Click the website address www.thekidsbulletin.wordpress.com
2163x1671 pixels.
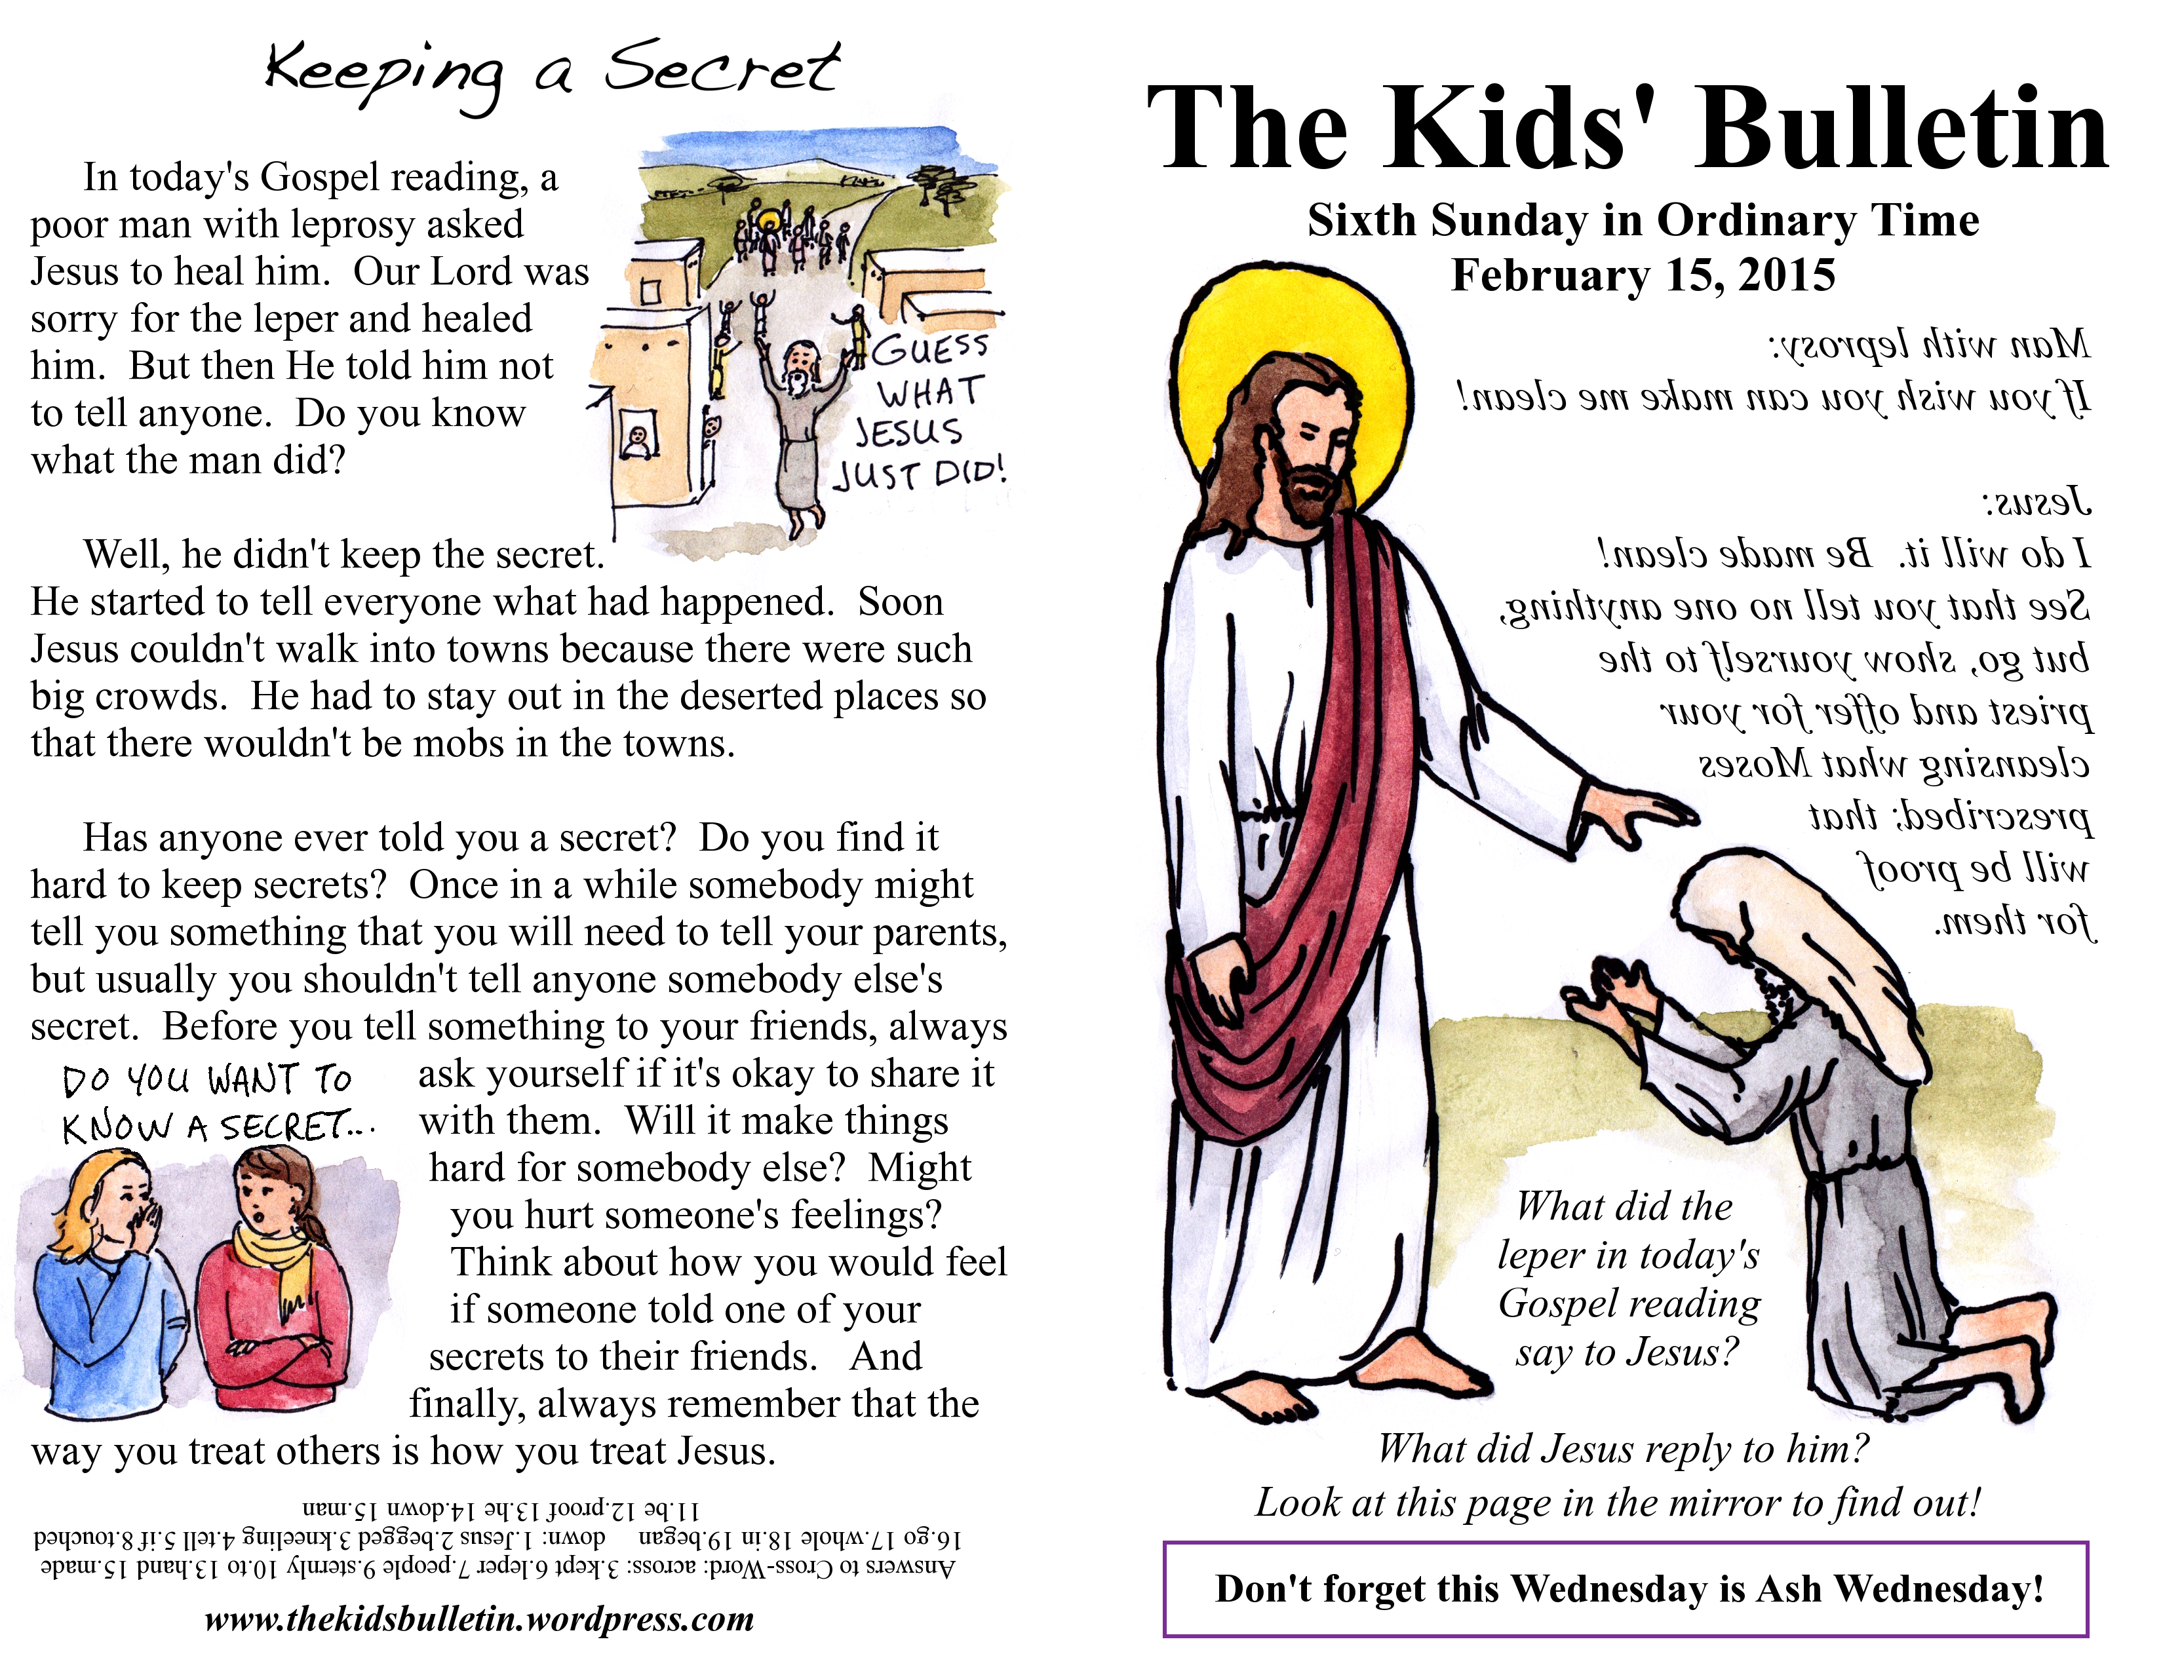point(479,1619)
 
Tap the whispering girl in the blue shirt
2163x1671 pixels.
point(109,1287)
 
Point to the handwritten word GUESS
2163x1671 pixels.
point(929,349)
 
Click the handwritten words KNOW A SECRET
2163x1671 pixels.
point(213,1126)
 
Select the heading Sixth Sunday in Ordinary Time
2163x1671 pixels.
point(1642,220)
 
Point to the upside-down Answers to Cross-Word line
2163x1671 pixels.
point(495,1567)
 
